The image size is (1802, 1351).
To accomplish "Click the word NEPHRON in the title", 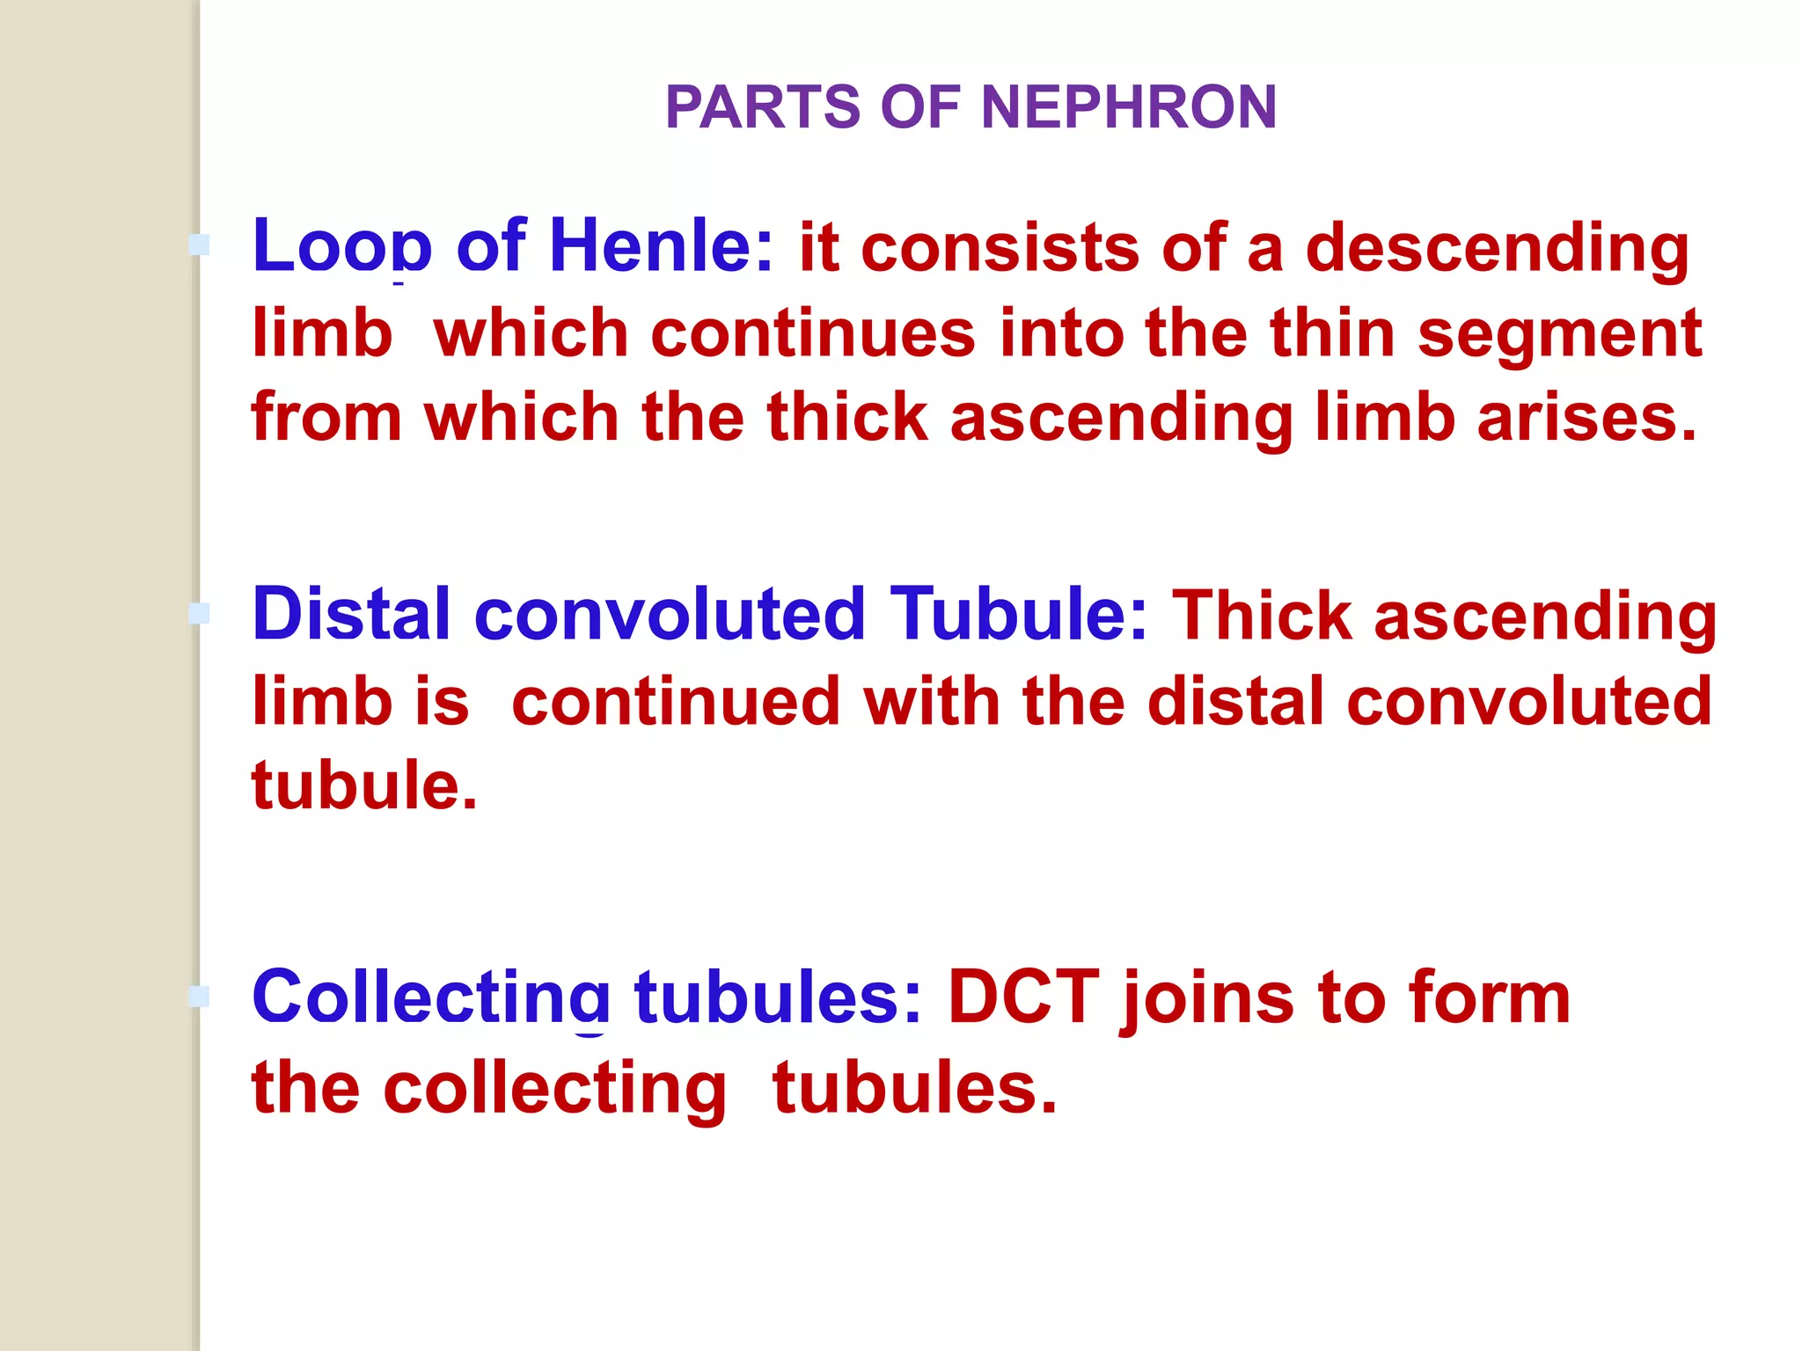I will pyautogui.click(x=1128, y=107).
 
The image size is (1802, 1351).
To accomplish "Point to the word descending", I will pyautogui.click(x=1497, y=249).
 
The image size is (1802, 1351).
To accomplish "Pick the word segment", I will pyautogui.click(x=1560, y=334).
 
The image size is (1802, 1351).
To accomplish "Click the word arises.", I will pyautogui.click(x=1586, y=418).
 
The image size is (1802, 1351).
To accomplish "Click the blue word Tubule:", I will pyautogui.click(x=1019, y=614).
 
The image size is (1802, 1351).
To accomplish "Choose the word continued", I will pyautogui.click(x=676, y=702).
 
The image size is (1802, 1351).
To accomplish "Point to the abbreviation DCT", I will pyautogui.click(x=1023, y=998).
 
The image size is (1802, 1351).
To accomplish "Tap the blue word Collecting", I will pyautogui.click(x=430, y=998).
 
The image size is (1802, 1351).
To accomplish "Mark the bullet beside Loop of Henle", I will pyautogui.click(x=200, y=245).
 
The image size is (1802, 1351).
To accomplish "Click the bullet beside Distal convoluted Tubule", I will pyautogui.click(x=200, y=613).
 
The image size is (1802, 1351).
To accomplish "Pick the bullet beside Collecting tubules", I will pyautogui.click(x=200, y=997).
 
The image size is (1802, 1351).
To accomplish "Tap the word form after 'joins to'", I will pyautogui.click(x=1490, y=998).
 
